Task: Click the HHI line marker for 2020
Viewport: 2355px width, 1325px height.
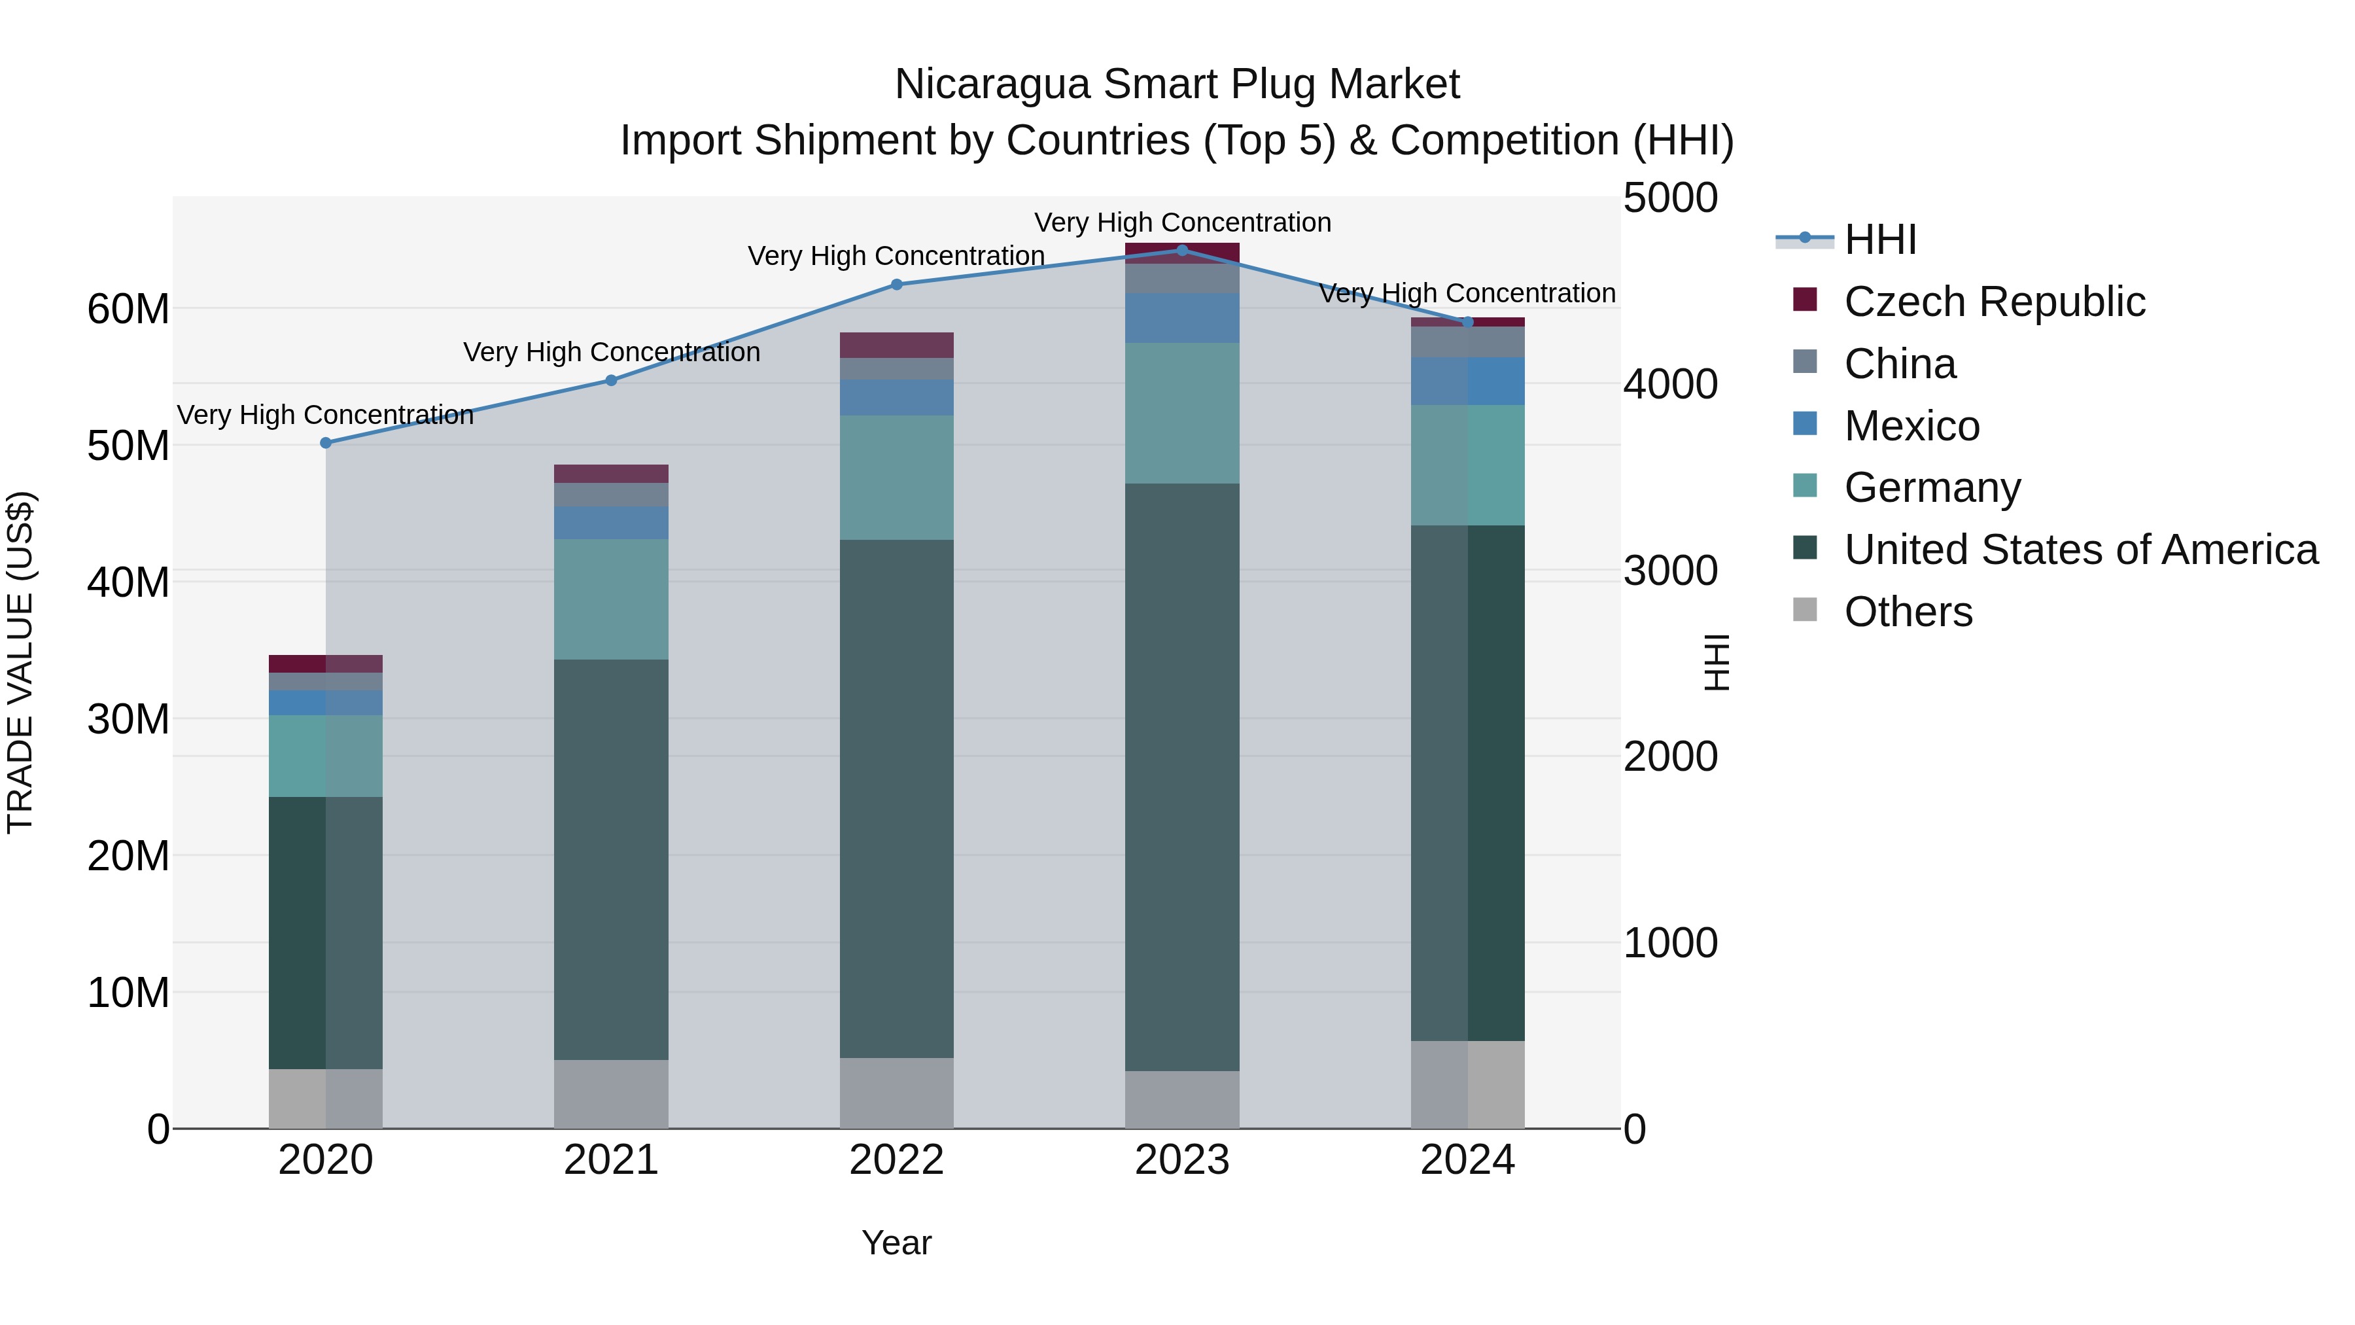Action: pyautogui.click(x=326, y=442)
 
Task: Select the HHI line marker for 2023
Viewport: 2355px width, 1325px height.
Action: pyautogui.click(x=1182, y=251)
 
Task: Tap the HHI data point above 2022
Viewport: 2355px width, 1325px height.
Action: pyautogui.click(x=897, y=285)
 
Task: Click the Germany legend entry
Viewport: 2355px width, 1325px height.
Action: pyautogui.click(x=1932, y=487)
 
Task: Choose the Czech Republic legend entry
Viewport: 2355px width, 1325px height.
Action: pyautogui.click(x=1994, y=302)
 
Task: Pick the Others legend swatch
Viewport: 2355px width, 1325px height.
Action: pyautogui.click(x=1805, y=610)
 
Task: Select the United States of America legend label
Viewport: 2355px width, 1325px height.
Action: pyautogui.click(x=2081, y=550)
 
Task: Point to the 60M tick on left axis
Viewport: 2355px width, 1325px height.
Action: pyautogui.click(x=128, y=309)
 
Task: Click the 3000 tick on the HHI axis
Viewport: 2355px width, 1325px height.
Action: pyautogui.click(x=1670, y=571)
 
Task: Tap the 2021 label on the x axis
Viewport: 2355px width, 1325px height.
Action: pyautogui.click(x=611, y=1160)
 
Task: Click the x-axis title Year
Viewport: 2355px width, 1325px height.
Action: pyautogui.click(x=896, y=1243)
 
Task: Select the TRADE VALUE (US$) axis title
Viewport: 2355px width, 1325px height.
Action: pyautogui.click(x=20, y=662)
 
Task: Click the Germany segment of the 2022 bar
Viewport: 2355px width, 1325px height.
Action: pyautogui.click(x=897, y=478)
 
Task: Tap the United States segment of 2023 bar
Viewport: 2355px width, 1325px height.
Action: pyautogui.click(x=1182, y=777)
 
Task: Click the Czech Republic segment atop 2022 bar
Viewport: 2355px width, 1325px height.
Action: pyautogui.click(x=897, y=345)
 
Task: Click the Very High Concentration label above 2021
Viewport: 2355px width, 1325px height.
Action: pyautogui.click(x=611, y=352)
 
